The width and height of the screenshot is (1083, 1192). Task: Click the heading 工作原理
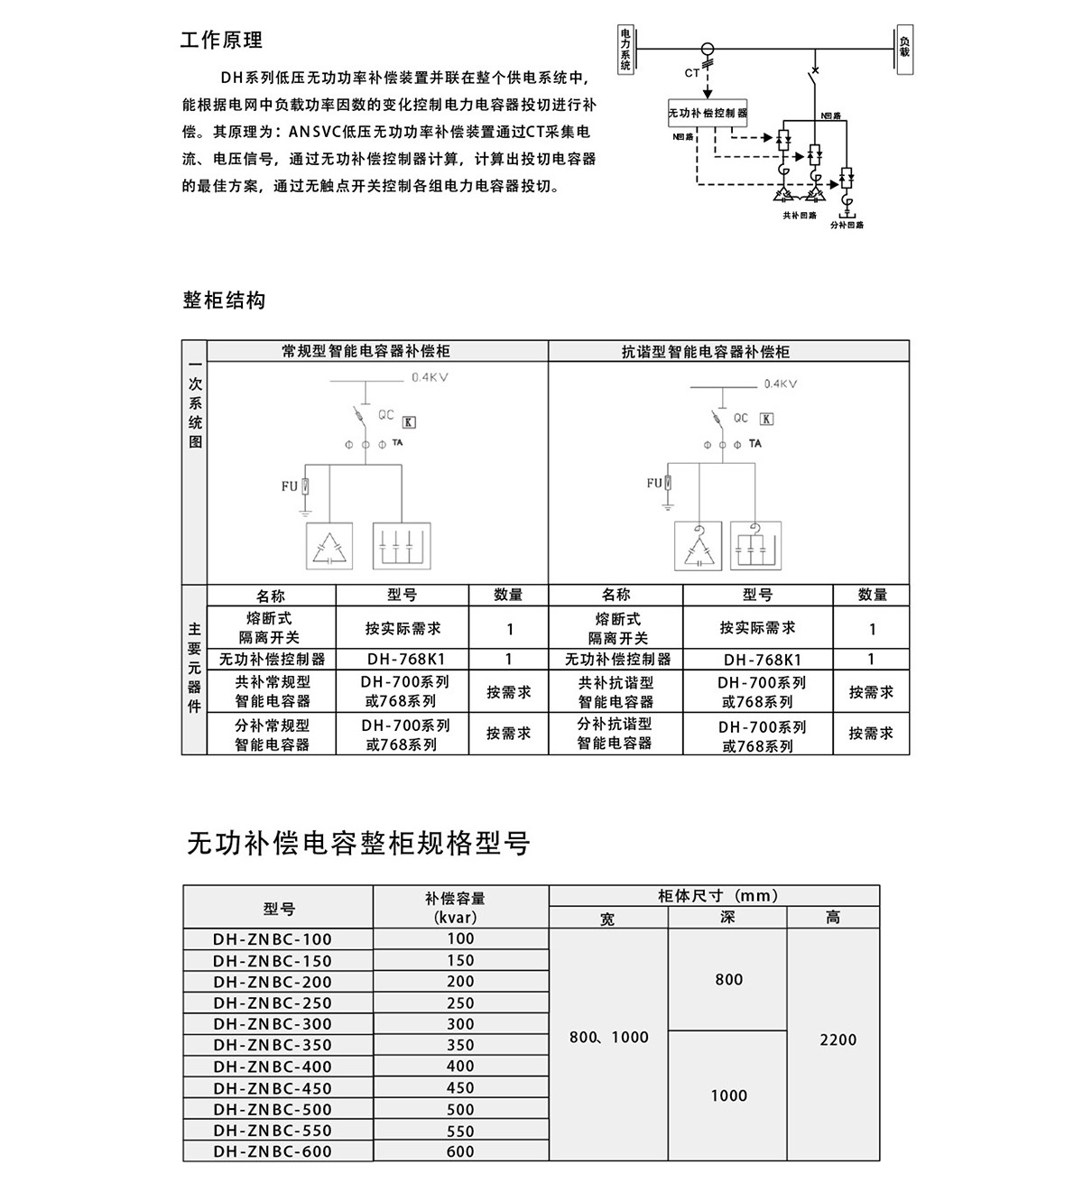coord(222,41)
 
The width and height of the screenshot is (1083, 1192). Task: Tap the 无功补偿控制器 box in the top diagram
coord(708,114)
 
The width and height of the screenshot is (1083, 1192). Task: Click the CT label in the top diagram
coord(691,73)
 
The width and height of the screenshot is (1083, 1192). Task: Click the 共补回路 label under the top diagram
coord(800,216)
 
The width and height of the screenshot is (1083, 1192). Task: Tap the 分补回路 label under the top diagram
coord(847,225)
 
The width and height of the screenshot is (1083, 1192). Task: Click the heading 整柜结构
coord(224,300)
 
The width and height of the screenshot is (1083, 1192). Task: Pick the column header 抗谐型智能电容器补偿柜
coord(706,352)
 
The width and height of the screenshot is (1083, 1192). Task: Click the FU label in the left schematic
coord(289,486)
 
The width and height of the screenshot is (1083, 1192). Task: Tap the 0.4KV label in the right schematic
coord(781,384)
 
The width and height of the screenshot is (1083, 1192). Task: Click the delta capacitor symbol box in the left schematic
coord(330,547)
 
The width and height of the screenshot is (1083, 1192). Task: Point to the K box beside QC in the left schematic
coord(409,422)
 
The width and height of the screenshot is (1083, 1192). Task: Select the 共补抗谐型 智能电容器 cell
coord(616,692)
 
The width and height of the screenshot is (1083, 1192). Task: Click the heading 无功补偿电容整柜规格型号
coord(358,844)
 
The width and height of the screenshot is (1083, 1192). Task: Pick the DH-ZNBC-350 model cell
coord(273,1045)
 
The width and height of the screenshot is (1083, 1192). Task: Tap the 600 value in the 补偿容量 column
coord(460,1151)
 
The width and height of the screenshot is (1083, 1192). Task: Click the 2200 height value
coord(838,1040)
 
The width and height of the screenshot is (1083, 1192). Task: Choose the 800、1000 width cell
coord(609,1038)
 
